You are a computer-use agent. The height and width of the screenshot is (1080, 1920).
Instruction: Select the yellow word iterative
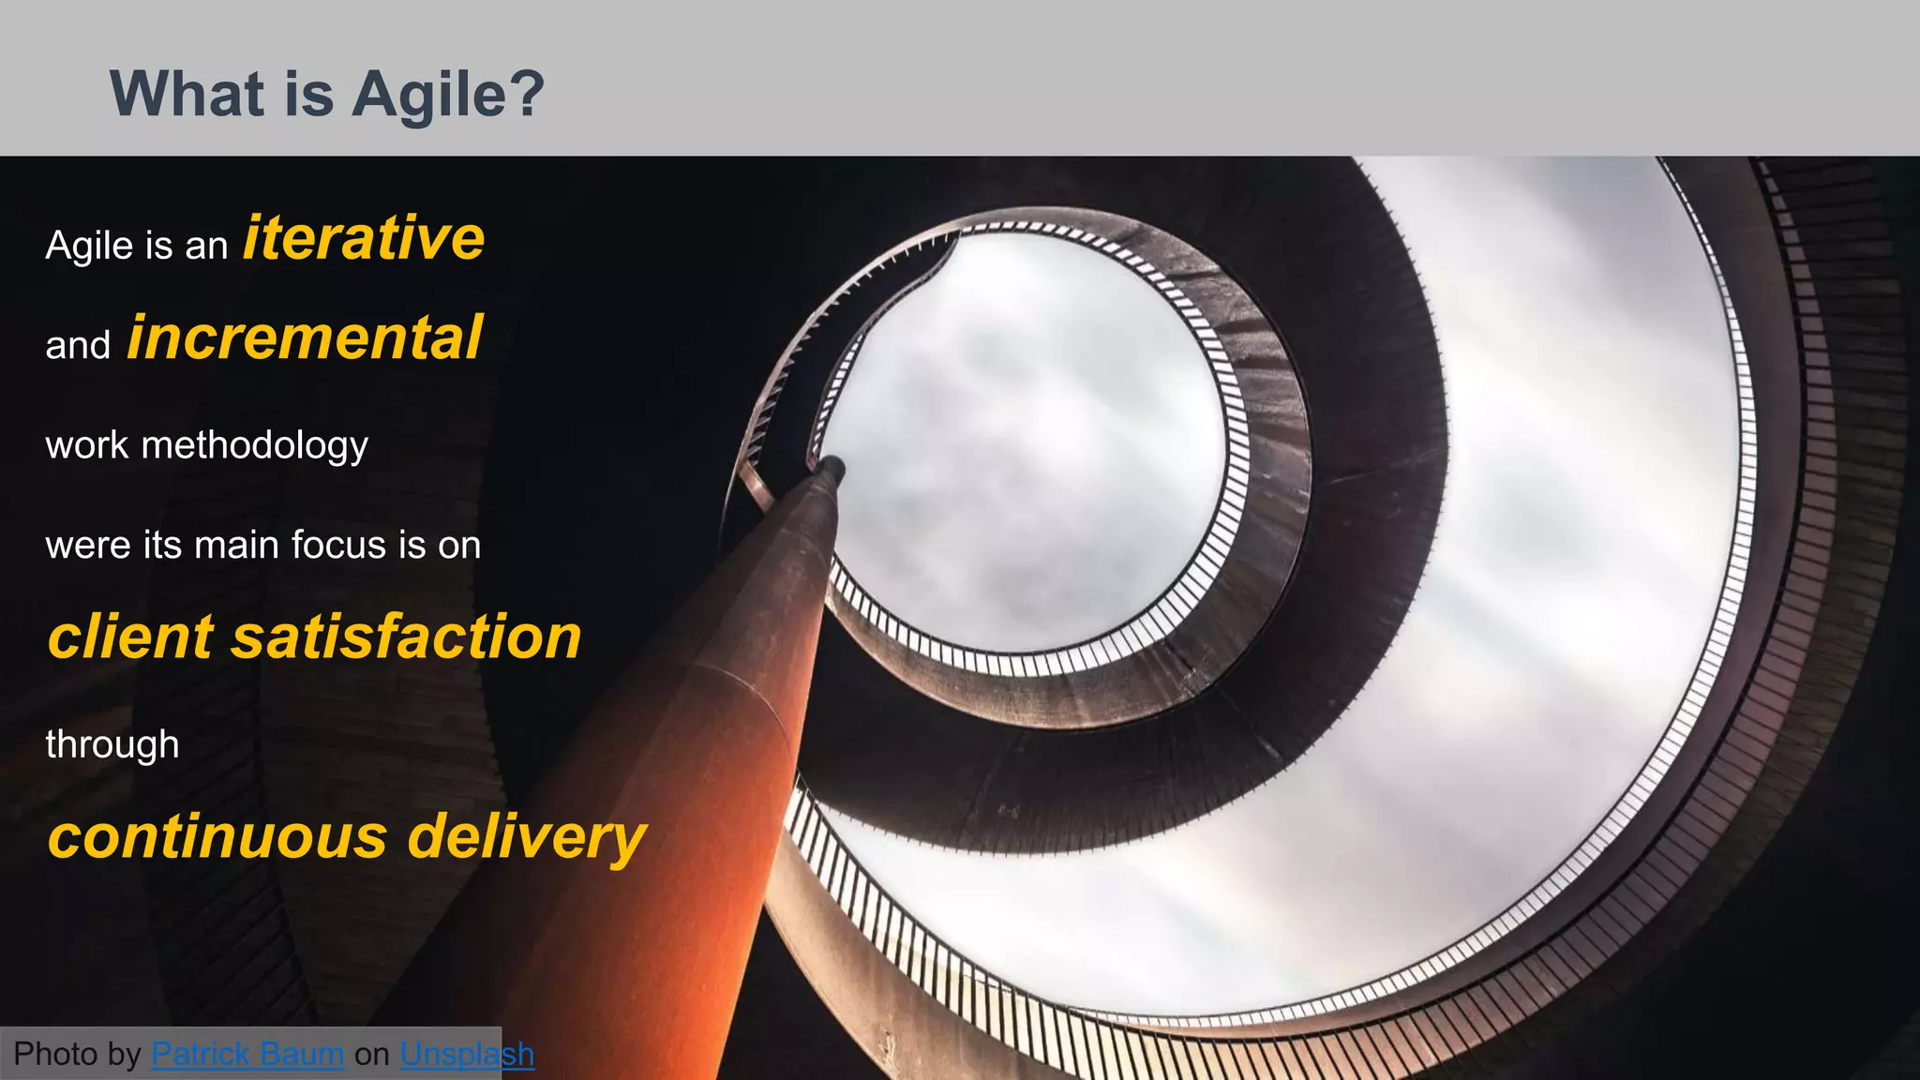pyautogui.click(x=364, y=238)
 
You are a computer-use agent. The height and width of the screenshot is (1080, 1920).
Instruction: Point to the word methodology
pyautogui.click(x=254, y=445)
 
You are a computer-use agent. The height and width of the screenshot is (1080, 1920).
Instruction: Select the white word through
pyautogui.click(x=112, y=744)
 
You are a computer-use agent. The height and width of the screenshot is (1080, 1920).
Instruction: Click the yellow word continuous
pyautogui.click(x=217, y=836)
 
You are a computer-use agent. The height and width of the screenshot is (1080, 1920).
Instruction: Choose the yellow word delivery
pyautogui.click(x=527, y=836)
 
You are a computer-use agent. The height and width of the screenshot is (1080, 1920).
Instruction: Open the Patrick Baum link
pyautogui.click(x=247, y=1055)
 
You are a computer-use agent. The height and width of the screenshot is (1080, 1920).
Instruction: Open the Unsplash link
pyautogui.click(x=467, y=1055)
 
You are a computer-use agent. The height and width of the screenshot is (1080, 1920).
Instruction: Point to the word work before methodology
pyautogui.click(x=87, y=445)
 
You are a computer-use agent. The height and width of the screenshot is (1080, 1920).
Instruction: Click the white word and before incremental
pyautogui.click(x=78, y=345)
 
